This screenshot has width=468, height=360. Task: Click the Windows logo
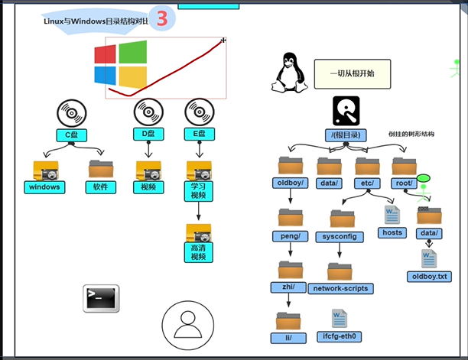(x=121, y=64)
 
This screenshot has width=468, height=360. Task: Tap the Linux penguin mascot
(x=290, y=73)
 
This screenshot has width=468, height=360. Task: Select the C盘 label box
(x=72, y=135)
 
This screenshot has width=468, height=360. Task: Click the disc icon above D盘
(x=148, y=112)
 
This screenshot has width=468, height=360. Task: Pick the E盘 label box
(x=200, y=135)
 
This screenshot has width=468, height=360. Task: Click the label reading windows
(x=44, y=187)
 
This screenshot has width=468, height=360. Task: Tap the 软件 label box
(x=101, y=187)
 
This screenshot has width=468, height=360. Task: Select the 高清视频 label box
(x=199, y=252)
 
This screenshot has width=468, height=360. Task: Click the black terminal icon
(x=101, y=298)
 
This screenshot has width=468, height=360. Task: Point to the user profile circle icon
(x=188, y=325)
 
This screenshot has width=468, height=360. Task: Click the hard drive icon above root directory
(x=346, y=111)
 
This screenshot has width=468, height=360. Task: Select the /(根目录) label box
(x=346, y=135)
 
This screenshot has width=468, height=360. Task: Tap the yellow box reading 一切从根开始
(x=353, y=74)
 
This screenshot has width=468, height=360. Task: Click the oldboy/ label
(x=291, y=183)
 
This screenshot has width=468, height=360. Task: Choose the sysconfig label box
(x=340, y=237)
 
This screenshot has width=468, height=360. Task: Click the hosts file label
(x=392, y=232)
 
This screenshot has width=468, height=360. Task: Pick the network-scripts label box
(x=340, y=289)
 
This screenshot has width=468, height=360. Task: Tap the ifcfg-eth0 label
(x=339, y=337)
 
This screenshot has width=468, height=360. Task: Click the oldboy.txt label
(x=430, y=277)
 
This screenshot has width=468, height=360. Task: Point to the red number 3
(x=162, y=18)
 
